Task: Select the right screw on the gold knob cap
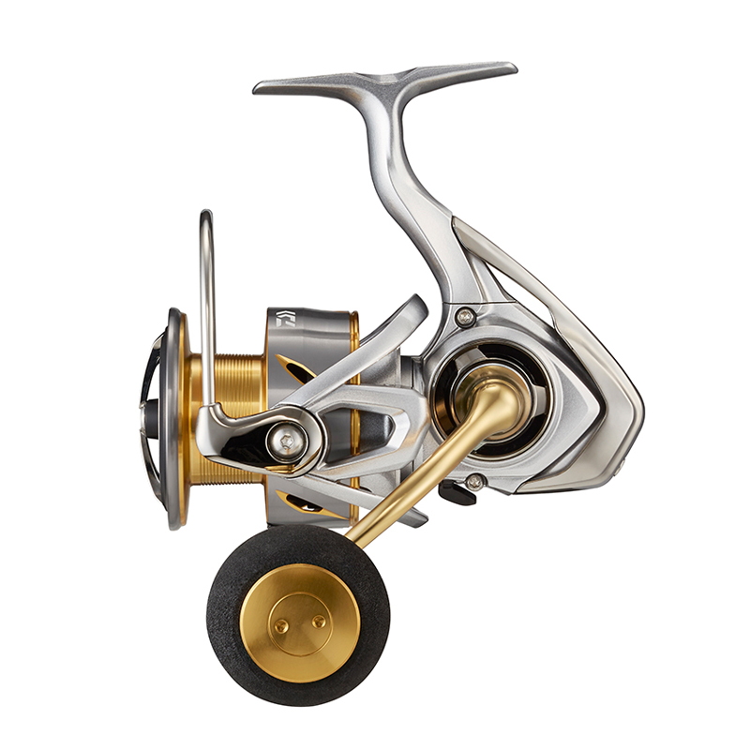pyautogui.click(x=319, y=621)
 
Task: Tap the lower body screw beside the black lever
pyautogui.click(x=475, y=482)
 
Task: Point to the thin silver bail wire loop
pyautogui.click(x=205, y=291)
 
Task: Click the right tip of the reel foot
pyautogui.click(x=511, y=68)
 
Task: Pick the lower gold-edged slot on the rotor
pyautogui.click(x=309, y=506)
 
